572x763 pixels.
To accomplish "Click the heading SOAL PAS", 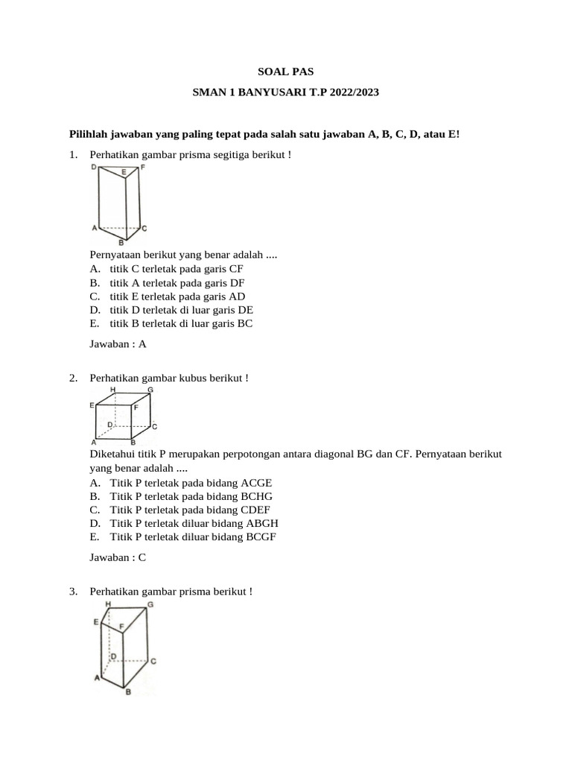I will pos(286,72).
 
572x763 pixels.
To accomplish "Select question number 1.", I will pos(73,154).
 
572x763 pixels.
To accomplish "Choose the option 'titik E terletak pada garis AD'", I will pos(177,297).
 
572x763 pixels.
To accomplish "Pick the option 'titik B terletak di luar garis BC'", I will pos(181,324).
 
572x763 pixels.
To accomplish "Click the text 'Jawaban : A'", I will pos(118,344).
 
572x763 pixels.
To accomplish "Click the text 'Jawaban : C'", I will pos(118,557).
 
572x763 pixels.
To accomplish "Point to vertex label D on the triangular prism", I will pos(94,168).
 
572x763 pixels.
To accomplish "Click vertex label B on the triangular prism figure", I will pos(121,243).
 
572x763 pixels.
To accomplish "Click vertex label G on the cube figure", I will pos(150,390).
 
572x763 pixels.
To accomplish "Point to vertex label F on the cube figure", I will pos(136,408).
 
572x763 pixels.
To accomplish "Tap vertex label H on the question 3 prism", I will pos(109,604).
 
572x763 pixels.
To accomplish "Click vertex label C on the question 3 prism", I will pos(153,661).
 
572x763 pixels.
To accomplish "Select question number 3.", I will pos(73,591).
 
